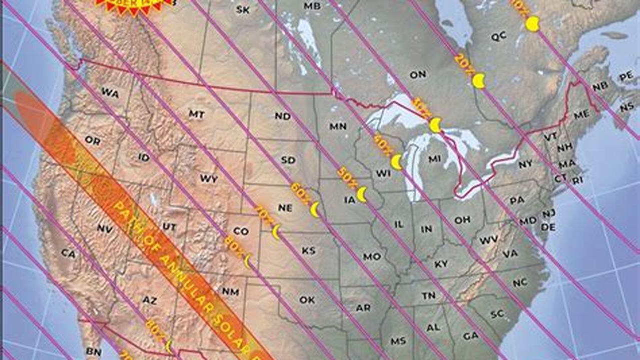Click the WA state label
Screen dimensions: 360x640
(110, 93)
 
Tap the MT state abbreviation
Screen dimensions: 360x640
(197, 114)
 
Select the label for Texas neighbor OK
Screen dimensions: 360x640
(307, 300)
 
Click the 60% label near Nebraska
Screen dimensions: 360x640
(301, 193)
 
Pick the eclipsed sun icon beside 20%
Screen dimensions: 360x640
(479, 81)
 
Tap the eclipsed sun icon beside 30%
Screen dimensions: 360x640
(436, 125)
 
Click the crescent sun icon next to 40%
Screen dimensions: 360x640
(397, 161)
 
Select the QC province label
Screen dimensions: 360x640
(498, 36)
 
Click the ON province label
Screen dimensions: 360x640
(418, 74)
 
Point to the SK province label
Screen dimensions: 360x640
(243, 9)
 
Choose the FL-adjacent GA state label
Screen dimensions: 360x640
(470, 335)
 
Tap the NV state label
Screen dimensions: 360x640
(105, 228)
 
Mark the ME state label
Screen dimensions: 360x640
(581, 114)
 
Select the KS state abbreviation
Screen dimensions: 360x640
(309, 250)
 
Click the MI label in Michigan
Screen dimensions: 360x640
(435, 159)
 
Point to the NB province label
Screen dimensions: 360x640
(600, 86)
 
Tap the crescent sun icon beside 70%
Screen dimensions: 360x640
(276, 232)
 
